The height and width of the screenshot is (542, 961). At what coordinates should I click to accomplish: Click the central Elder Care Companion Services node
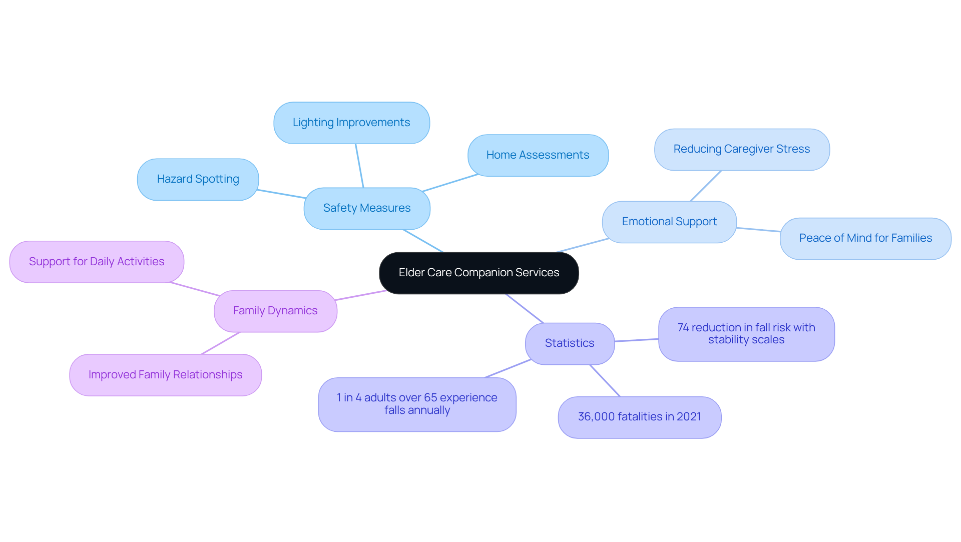point(478,273)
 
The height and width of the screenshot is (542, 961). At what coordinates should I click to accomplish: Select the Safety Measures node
point(366,208)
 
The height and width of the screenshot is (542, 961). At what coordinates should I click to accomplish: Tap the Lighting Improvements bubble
point(351,123)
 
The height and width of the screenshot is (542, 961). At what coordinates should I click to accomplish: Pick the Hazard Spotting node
point(198,179)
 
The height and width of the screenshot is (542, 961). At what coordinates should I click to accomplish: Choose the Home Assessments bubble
point(538,155)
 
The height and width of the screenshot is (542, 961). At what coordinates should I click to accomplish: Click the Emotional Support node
point(669,222)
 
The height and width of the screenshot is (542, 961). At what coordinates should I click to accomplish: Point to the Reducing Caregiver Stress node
point(741,149)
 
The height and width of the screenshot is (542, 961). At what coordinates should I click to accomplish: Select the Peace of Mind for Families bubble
point(865,238)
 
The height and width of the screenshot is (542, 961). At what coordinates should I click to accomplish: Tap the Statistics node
point(569,343)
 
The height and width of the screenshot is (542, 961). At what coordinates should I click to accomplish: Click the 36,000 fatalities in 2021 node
point(639,417)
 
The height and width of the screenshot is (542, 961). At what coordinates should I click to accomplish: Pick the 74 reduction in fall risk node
point(746,334)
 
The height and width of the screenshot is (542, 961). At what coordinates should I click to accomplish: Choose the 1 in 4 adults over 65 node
point(416,404)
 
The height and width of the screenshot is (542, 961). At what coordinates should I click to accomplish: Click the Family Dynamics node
point(275,311)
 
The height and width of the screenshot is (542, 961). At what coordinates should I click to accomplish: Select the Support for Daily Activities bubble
point(96,262)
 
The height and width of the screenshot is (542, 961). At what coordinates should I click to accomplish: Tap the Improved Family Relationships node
point(165,375)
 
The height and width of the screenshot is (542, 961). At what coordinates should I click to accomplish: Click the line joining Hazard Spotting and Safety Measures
point(281,194)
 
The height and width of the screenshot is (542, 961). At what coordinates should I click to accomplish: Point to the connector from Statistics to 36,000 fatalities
point(605,380)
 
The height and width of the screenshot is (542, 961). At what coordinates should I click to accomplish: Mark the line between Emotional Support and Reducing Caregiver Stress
point(706,186)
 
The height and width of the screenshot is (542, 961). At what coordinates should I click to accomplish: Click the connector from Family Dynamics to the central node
point(360,295)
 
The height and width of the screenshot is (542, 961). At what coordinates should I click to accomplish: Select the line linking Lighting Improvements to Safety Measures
point(359,166)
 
